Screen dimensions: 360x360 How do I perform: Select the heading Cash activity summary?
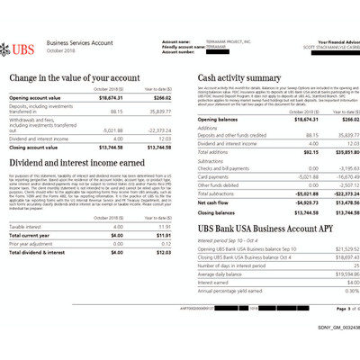pyautogui.click(x=238, y=78)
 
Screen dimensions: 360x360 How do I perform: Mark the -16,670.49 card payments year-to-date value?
pyautogui.click(x=332, y=176)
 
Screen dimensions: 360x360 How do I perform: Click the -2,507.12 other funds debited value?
pyautogui.click(x=333, y=185)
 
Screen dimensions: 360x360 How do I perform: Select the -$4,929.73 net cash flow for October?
pyautogui.click(x=287, y=203)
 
